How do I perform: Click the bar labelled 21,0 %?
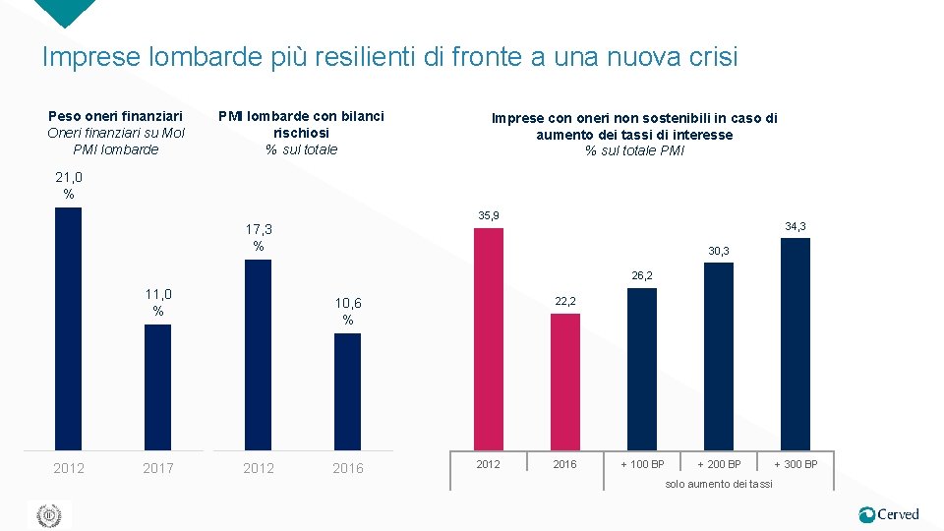click(x=68, y=328)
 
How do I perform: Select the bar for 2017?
click(x=157, y=387)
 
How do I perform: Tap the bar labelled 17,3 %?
click(x=258, y=355)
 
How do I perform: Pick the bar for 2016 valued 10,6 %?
click(x=347, y=391)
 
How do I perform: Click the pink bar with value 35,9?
click(x=489, y=339)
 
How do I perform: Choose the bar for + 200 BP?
click(x=719, y=356)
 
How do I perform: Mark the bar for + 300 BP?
click(x=796, y=344)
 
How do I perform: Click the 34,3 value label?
click(x=796, y=227)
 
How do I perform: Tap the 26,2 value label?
click(x=642, y=276)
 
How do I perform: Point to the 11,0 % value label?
click(x=157, y=303)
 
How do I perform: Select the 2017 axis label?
click(x=157, y=468)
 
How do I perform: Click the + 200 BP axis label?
click(x=719, y=464)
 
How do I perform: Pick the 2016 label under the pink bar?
click(x=565, y=464)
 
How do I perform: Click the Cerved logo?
click(x=889, y=514)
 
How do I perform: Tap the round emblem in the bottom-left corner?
click(x=48, y=515)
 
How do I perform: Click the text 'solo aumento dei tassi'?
click(x=719, y=484)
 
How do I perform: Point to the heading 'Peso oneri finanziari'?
click(x=115, y=117)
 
